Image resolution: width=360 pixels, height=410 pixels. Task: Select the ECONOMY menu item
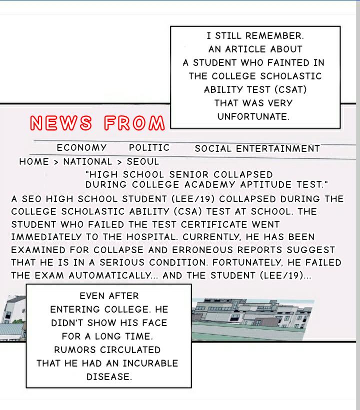coord(81,148)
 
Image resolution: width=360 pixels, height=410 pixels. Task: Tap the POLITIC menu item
coord(149,148)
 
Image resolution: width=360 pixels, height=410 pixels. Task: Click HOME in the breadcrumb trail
coord(34,162)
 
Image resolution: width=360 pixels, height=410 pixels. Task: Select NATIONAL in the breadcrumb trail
coord(88,162)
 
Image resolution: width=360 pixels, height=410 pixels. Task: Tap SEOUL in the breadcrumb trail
coord(143,162)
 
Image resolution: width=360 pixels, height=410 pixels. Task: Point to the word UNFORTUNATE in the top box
coord(253,117)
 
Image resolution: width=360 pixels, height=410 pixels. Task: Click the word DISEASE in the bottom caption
coord(109,377)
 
